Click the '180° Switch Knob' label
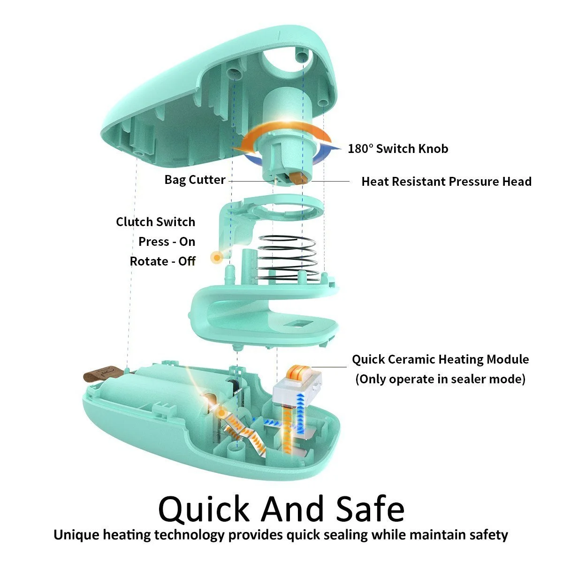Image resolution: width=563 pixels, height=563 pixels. point(398,149)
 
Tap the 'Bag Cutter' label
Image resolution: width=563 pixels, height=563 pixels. point(195,180)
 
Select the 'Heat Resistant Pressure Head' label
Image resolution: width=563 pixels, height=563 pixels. point(446,182)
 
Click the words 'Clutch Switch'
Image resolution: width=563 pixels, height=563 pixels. point(156,222)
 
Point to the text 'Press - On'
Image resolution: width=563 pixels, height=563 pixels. point(167,242)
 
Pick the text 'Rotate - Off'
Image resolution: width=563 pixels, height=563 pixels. point(162,261)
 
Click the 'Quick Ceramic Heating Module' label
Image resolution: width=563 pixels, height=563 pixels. point(440,359)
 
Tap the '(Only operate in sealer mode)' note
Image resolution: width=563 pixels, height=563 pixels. point(440,379)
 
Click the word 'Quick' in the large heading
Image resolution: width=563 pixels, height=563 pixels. point(204,509)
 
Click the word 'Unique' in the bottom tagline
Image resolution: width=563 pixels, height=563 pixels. point(76,535)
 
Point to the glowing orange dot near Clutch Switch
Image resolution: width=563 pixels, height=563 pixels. point(216,257)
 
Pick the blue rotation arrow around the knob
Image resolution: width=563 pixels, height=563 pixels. point(328,149)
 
